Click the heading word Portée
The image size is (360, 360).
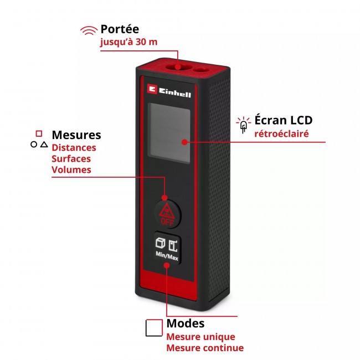120,29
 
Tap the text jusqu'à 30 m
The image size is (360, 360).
128,42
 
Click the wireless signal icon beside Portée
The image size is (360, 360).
89,30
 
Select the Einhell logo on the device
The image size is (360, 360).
169,91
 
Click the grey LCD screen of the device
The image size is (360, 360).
169,133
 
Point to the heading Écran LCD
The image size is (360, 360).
284,120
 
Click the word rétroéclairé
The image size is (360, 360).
281,133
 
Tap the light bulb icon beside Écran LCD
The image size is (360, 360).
243,125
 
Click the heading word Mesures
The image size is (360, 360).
76,135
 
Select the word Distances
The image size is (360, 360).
74,148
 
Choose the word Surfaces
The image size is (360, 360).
71,158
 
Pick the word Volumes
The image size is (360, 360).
71,169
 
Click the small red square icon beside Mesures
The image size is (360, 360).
39,133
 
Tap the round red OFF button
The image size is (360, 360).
167,214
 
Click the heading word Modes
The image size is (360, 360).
186,323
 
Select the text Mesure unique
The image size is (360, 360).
200,337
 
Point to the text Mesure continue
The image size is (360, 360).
205,348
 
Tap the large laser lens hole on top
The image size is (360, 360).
177,67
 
